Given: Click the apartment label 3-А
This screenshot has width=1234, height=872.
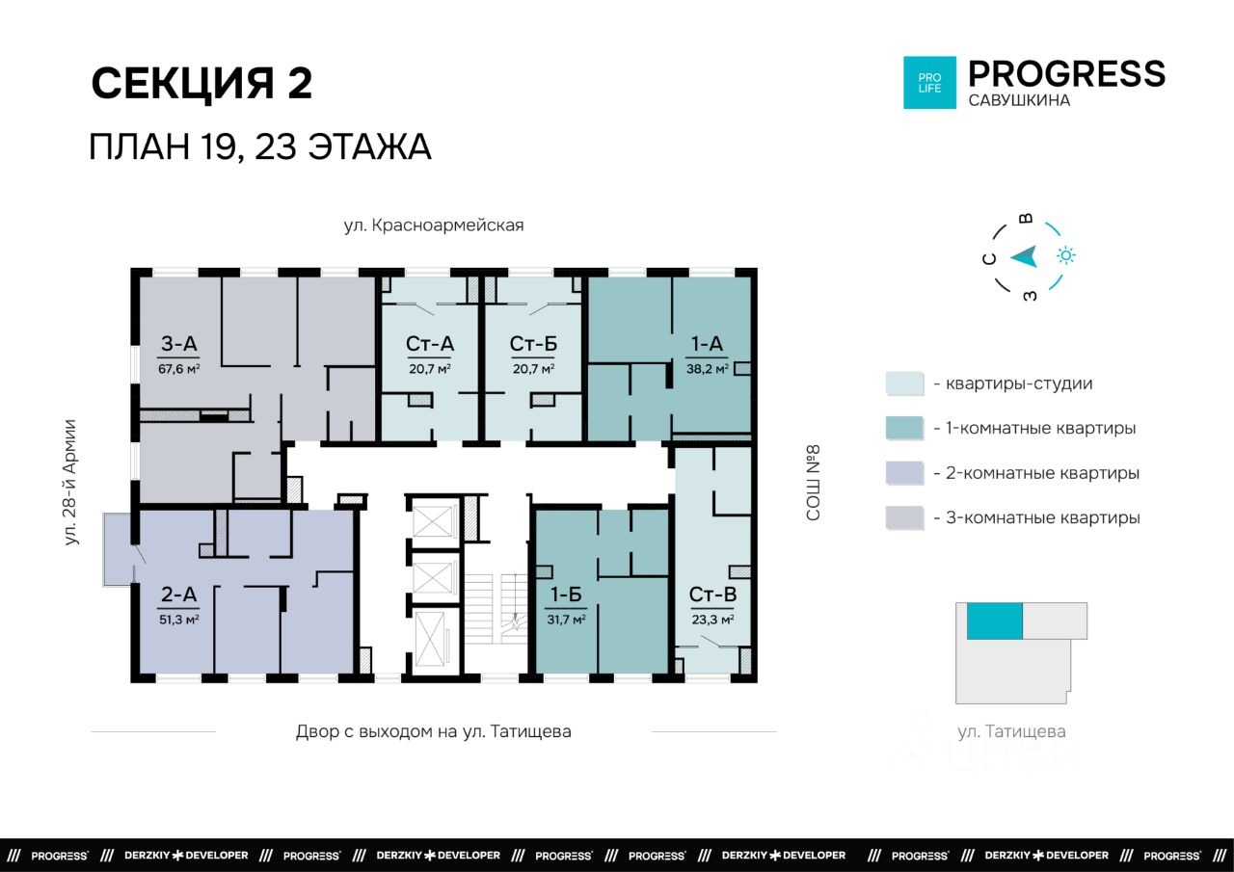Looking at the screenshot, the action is click(178, 344).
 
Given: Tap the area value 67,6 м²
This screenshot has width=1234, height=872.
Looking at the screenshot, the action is click(178, 369).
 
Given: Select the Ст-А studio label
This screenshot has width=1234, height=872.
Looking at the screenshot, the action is click(430, 344).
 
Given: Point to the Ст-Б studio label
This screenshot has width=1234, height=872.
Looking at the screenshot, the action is click(533, 344).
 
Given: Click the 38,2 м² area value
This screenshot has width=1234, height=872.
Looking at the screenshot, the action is click(708, 369).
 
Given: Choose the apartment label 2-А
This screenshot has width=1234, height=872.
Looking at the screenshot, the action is click(178, 594).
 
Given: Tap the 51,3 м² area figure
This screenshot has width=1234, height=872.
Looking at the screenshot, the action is click(178, 620).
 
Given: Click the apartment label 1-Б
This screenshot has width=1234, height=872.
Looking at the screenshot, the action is click(566, 594).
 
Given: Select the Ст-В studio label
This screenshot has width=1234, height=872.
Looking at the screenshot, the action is click(712, 594).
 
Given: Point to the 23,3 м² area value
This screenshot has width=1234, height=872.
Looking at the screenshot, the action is click(712, 620).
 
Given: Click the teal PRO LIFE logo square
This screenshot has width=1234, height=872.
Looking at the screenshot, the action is click(929, 83).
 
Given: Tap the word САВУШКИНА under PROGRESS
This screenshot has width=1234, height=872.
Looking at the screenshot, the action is click(1019, 101).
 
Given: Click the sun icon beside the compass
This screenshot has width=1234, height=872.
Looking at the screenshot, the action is click(1066, 255).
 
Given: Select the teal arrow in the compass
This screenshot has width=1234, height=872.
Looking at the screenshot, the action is click(1025, 256).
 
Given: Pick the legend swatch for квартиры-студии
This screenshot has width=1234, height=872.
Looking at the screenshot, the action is click(904, 383).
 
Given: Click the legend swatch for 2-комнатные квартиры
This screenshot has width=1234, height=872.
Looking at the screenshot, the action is click(904, 473).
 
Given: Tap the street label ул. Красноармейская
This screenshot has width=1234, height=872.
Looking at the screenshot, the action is click(434, 225).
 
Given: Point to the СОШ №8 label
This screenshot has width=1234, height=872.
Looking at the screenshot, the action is click(813, 482).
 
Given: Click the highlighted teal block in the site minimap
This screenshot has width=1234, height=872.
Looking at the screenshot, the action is click(994, 621).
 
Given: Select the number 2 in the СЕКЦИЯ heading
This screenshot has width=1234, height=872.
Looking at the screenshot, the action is click(299, 83).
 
